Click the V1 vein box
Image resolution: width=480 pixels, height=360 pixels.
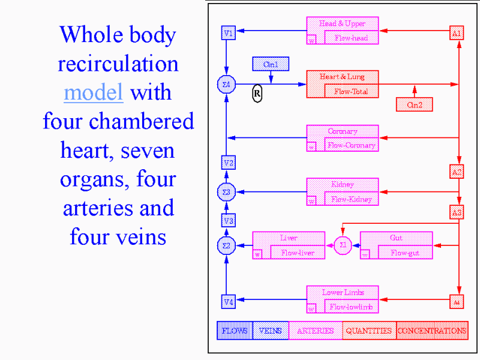[228, 33]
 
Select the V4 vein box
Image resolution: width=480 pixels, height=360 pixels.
[228, 302]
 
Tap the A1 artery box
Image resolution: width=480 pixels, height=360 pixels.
[457, 33]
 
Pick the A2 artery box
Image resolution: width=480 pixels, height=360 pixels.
[457, 172]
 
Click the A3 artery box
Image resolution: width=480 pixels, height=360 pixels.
[457, 212]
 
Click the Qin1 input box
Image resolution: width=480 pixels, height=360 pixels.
[271, 64]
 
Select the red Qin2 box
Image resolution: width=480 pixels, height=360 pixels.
[414, 104]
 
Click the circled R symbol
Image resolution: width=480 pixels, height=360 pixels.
[257, 93]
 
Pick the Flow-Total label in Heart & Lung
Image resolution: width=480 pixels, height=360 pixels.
[352, 92]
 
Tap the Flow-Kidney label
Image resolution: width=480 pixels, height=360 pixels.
[352, 199]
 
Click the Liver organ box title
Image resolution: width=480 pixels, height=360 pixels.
[289, 238]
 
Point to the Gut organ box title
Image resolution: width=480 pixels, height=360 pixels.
[396, 238]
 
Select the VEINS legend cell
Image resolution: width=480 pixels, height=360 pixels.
[270, 331]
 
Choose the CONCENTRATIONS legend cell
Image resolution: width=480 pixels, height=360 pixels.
[432, 331]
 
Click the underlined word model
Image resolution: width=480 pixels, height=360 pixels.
[93, 93]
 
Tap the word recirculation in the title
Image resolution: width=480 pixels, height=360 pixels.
[118, 64]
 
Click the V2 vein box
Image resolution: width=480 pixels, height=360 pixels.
[228, 163]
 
